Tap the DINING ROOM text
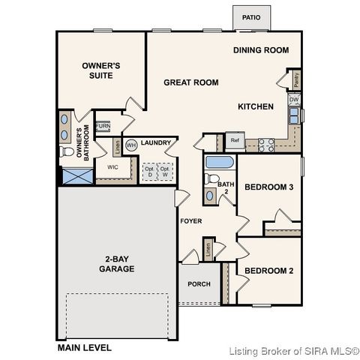[x=261, y=50]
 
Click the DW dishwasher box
[x=295, y=100]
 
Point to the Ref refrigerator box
[x=235, y=140]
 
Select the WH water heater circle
[x=130, y=145]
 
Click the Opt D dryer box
[x=149, y=172]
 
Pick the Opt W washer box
[x=165, y=172]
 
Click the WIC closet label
[x=113, y=167]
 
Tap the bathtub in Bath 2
[x=220, y=163]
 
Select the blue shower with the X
[x=75, y=177]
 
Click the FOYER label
[x=190, y=221]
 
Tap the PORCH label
[x=199, y=284]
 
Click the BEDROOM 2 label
[x=268, y=270]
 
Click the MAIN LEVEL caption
[x=85, y=348]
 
